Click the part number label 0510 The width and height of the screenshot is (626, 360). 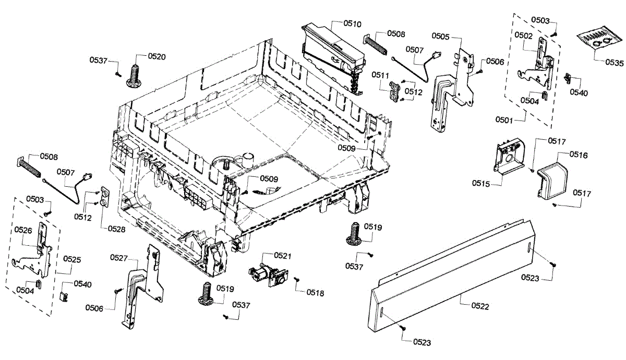(x=352, y=23)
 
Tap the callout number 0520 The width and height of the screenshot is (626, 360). (x=157, y=56)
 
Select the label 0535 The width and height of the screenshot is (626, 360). (x=614, y=62)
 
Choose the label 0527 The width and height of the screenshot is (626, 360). (x=120, y=257)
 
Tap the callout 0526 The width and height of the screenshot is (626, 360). (x=23, y=230)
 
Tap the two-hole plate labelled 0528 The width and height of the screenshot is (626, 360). (x=104, y=197)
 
